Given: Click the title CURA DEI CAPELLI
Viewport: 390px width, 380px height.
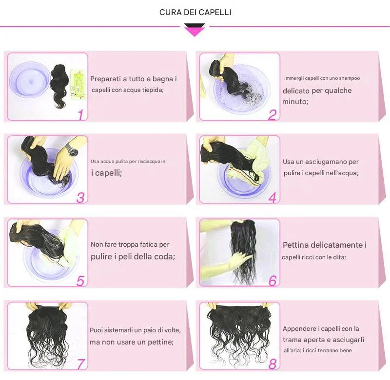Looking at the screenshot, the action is point(195,13).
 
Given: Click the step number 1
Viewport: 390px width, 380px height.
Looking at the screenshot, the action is point(80,115).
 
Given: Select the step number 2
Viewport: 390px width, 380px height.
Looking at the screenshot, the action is point(273,115).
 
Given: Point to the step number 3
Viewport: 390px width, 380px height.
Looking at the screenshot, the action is point(80,198).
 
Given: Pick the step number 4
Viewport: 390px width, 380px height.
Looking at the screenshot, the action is point(273,198).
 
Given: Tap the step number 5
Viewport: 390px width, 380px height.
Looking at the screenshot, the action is point(80,281).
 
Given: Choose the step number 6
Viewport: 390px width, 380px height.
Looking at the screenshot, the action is point(273,281).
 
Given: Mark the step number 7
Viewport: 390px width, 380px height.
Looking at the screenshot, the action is point(80,364).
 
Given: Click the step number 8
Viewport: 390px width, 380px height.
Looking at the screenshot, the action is point(273,364).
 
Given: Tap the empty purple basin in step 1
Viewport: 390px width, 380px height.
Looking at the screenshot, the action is point(29,80).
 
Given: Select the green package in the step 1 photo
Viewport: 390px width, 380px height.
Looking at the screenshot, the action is point(78,84).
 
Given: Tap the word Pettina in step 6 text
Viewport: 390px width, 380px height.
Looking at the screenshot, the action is point(296,245).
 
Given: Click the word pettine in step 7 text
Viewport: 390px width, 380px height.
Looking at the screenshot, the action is point(160,342).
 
